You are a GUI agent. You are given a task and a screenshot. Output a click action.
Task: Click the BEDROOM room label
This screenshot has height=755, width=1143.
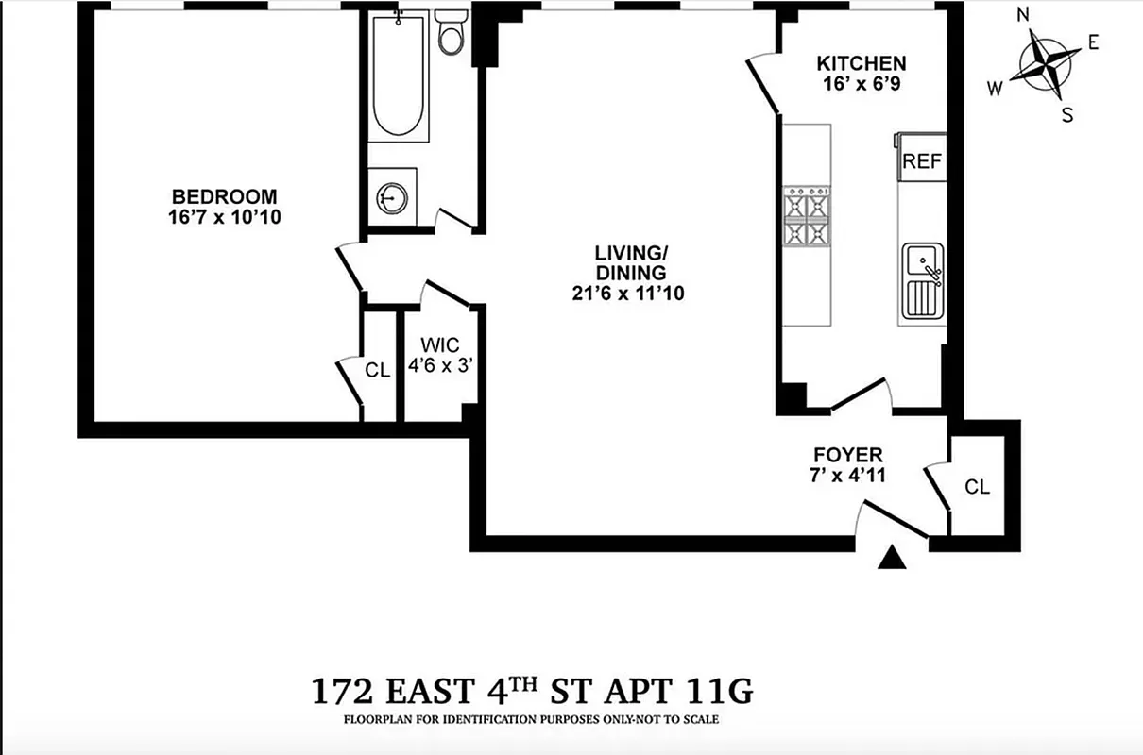click(x=224, y=196)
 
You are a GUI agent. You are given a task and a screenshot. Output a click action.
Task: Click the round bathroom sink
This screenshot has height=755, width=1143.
click(x=392, y=196)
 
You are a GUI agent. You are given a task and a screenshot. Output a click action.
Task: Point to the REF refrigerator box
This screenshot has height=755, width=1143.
click(x=922, y=160)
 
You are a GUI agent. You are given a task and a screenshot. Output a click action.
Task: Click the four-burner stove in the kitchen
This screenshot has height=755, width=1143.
click(x=806, y=217)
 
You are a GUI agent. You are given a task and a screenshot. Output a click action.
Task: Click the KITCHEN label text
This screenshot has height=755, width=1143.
click(x=861, y=63)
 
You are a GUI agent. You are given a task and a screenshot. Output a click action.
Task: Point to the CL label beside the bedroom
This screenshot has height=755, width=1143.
click(x=378, y=371)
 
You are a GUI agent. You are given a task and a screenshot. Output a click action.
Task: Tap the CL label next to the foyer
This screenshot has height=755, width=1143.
click(x=978, y=487)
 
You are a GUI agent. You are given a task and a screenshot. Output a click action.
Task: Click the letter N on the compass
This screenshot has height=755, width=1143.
click(x=1022, y=14)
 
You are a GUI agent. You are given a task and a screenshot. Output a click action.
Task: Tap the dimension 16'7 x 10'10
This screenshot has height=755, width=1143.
click(x=224, y=217)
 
